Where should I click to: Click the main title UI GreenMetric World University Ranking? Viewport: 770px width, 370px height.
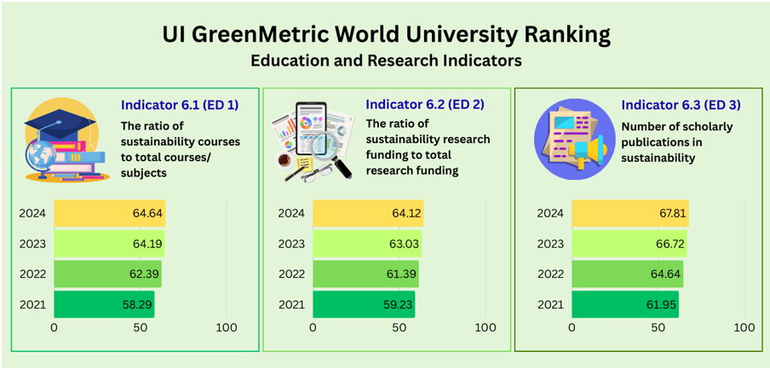[386, 35]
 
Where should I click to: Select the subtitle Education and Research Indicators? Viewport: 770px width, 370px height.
[386, 61]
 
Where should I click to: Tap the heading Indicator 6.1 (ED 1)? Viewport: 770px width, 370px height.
[180, 105]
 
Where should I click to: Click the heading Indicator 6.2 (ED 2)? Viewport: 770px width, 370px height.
[425, 104]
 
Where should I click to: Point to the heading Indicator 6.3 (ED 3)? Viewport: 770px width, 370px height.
[681, 105]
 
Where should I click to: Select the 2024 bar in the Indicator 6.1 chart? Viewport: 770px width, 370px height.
[109, 213]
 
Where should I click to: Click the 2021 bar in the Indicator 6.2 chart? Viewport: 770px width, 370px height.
[364, 304]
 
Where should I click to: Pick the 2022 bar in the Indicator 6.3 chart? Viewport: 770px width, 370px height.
[627, 275]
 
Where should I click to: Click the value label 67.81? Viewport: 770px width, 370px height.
[670, 213]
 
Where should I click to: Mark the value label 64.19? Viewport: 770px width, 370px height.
[147, 244]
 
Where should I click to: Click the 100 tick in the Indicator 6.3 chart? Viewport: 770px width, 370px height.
[744, 327]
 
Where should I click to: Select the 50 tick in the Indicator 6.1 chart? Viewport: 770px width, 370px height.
[141, 327]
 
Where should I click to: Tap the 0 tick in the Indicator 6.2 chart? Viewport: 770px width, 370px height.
[313, 327]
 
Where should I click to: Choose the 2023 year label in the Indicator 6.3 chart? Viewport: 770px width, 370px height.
[550, 244]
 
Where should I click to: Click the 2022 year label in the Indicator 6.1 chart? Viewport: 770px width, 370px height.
[32, 275]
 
